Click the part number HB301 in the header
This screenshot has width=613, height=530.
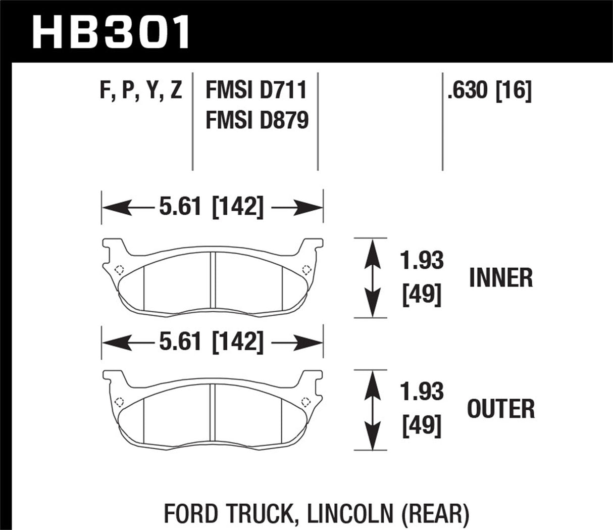[111, 31]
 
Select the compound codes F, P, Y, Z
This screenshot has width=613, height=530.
[140, 91]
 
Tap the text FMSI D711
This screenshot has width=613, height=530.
[256, 91]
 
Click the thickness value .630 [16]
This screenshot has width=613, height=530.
[489, 91]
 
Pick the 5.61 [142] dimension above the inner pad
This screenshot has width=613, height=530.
[212, 207]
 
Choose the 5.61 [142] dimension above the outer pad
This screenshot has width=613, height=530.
[212, 342]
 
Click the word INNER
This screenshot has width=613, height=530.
[501, 278]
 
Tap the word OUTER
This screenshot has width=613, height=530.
[501, 409]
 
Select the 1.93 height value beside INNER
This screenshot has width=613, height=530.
[422, 260]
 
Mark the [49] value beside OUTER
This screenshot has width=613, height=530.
[422, 425]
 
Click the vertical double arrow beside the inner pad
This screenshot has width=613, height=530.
[373, 277]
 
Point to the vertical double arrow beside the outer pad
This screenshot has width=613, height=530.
[373, 409]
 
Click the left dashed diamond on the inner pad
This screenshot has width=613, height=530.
[119, 269]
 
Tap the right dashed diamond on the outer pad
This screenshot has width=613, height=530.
[305, 402]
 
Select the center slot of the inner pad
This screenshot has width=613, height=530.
[213, 284]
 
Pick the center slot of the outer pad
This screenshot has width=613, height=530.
[213, 416]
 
